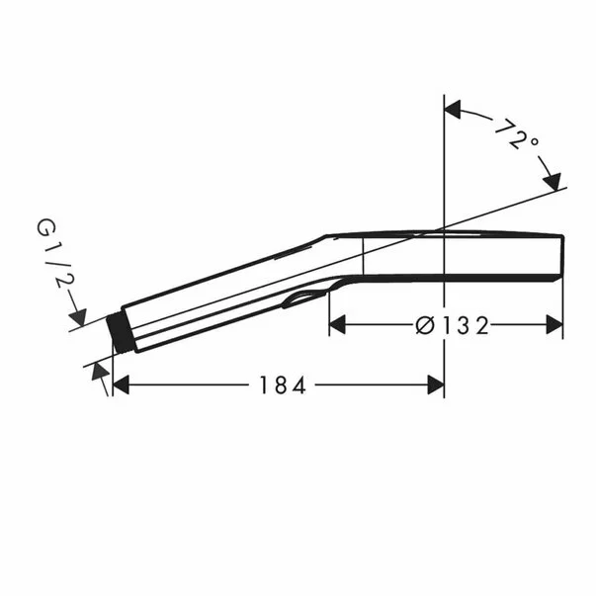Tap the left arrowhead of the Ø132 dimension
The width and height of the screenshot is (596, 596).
pyautogui.click(x=337, y=324)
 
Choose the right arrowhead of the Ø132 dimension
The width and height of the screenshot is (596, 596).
pyautogui.click(x=554, y=324)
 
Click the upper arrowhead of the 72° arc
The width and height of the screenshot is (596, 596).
pyautogui.click(x=455, y=110)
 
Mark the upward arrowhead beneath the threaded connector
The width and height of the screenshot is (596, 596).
pyautogui.click(x=98, y=370)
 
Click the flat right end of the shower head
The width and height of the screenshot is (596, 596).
pyautogui.click(x=562, y=255)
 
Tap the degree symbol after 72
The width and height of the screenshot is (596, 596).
pyautogui.click(x=535, y=144)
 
